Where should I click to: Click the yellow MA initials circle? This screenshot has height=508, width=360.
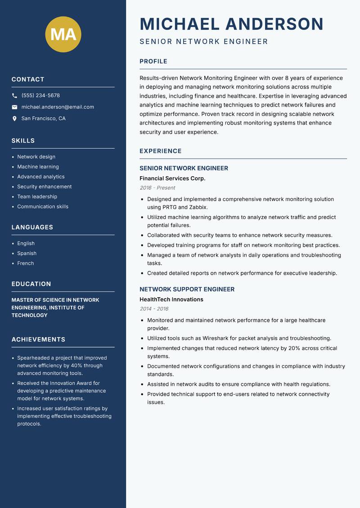tap(63, 34)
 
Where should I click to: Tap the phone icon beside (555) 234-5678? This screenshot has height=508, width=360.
tap(14, 96)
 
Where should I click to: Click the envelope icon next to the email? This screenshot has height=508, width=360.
tap(14, 107)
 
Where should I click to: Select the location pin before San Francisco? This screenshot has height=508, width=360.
tap(14, 119)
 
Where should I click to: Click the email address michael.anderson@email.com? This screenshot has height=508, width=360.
tap(58, 107)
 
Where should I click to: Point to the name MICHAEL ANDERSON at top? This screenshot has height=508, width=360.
tap(231, 24)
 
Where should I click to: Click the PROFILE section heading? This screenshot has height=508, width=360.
tap(153, 62)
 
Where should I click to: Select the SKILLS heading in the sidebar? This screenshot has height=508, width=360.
tap(23, 141)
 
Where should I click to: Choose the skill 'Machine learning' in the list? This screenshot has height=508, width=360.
tap(38, 167)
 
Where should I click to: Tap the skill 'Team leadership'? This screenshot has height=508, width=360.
tap(37, 196)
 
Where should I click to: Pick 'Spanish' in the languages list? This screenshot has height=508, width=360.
tap(27, 253)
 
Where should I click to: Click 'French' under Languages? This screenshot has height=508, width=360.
tap(25, 263)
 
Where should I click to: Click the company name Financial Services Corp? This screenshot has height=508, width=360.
tap(172, 178)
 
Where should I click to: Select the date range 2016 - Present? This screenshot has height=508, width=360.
tap(157, 188)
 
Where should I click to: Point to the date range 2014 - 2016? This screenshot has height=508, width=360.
tap(154, 309)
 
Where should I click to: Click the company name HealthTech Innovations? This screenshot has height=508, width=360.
tap(171, 299)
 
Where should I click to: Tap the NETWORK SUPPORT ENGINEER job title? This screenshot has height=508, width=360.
tap(187, 290)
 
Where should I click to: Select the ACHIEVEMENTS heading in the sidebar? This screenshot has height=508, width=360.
tap(38, 339)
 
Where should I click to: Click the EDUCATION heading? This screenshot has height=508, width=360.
tap(31, 284)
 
